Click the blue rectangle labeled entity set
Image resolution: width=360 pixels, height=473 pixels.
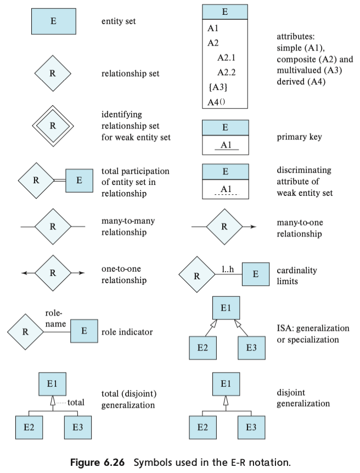(x=53, y=21)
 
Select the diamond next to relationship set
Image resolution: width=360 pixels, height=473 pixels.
(x=53, y=74)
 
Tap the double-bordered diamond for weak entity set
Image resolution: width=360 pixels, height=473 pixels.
(x=53, y=125)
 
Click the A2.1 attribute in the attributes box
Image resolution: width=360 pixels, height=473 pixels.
(x=226, y=57)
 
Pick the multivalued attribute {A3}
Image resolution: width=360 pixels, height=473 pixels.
(x=218, y=87)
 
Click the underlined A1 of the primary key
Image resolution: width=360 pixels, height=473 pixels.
(x=225, y=145)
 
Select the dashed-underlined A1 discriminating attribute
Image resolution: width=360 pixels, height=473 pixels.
(x=225, y=189)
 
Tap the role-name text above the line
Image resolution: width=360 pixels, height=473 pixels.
(x=55, y=318)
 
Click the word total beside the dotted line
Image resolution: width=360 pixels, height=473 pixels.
(x=76, y=402)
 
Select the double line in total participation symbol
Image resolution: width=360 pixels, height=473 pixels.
(x=59, y=179)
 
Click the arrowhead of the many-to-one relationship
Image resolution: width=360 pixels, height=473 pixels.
(x=252, y=226)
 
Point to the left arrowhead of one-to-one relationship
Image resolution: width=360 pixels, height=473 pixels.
(x=24, y=272)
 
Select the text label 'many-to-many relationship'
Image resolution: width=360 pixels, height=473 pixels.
(x=128, y=226)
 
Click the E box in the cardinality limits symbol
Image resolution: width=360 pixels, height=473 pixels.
(x=255, y=273)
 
